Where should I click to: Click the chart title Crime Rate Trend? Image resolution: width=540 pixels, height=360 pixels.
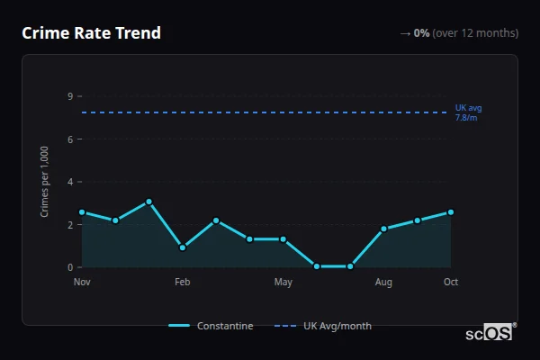pos(91,33)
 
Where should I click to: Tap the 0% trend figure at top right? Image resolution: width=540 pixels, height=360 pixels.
pos(421,33)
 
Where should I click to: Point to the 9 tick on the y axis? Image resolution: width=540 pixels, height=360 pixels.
pos(69,96)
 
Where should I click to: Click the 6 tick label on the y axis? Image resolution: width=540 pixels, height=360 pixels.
pos(69,139)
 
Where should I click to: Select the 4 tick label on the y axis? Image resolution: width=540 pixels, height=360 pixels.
pos(69,182)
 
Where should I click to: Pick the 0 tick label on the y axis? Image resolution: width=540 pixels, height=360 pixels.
pos(69,267)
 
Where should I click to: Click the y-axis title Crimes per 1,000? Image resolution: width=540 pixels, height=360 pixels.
pos(45,182)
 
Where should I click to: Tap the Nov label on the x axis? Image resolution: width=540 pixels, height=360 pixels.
pos(82,283)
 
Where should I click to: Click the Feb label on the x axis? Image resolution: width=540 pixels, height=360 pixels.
pos(183,283)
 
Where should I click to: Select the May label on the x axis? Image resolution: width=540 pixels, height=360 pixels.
pos(283,283)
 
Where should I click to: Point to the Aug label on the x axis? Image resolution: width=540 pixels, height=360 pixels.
pos(383,283)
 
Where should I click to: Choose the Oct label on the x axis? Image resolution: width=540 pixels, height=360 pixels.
pos(451,283)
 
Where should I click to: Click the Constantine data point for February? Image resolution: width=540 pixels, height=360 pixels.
pos(183,247)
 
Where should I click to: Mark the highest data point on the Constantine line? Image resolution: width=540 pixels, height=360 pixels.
pos(149,202)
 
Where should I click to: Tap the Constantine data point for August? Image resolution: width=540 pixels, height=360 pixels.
pos(383,229)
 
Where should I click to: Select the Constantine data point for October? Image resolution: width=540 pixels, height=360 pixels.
pos(451,212)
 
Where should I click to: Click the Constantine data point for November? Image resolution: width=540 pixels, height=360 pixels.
pos(82,212)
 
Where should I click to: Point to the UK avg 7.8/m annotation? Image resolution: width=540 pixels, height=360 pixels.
pos(468,112)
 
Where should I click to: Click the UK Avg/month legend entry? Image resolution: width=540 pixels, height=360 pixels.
pos(324,326)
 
